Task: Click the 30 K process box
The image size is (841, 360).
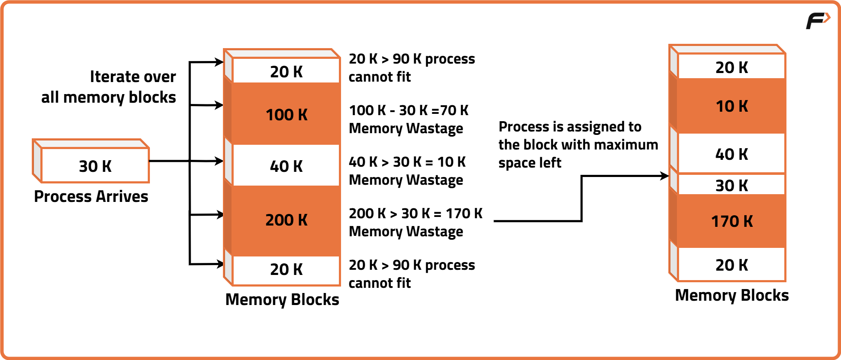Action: tap(95, 165)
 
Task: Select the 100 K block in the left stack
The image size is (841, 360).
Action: tap(286, 114)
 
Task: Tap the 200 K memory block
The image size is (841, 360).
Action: tap(286, 220)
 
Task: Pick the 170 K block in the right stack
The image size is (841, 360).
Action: tap(731, 221)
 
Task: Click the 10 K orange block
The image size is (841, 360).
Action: tap(731, 106)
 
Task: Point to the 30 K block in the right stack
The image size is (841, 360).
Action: tap(731, 185)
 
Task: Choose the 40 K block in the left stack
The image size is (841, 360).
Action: tap(286, 166)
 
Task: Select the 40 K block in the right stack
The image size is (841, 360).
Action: tap(731, 154)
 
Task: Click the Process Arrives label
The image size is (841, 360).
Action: tap(91, 196)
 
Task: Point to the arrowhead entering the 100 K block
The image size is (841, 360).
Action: tap(219, 105)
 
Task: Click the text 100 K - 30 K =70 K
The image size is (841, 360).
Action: tap(408, 110)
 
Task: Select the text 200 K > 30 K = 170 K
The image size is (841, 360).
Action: tap(415, 214)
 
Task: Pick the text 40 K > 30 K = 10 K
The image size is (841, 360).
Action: tap(407, 162)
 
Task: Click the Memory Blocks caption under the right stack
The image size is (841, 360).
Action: tap(732, 295)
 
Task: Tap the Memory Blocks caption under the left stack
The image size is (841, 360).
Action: tap(282, 299)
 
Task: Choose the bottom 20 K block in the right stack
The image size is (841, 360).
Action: tap(731, 265)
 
